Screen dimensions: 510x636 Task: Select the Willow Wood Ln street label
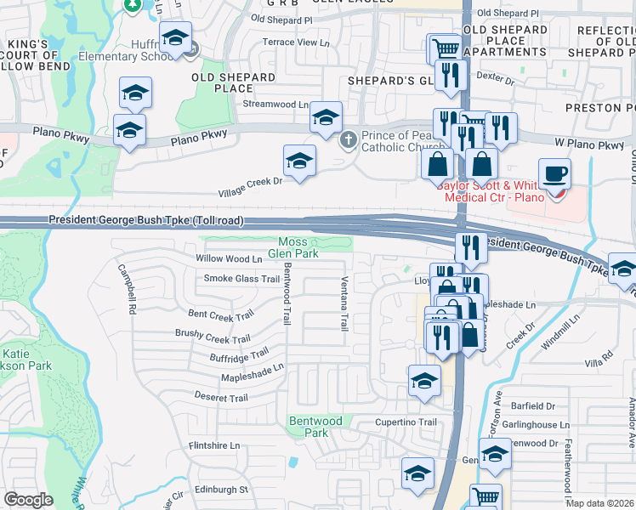[229, 258]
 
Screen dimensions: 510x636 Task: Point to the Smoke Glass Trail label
[241, 279]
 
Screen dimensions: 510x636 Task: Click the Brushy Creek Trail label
[214, 337]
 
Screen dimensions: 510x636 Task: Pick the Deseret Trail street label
[222, 398]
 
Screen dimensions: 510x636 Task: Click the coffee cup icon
[554, 174]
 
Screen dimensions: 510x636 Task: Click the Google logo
[28, 500]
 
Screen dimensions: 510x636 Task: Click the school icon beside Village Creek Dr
[298, 161]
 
